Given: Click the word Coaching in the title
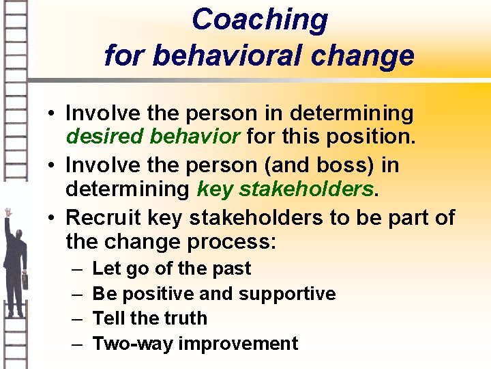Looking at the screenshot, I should click(259, 19).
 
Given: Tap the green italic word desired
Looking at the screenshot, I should click(104, 136).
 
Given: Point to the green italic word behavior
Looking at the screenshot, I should click(194, 136).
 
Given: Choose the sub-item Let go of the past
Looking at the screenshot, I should click(171, 269).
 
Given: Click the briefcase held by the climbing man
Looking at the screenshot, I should click(25, 279).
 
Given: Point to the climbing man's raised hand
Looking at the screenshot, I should click(8, 213).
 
